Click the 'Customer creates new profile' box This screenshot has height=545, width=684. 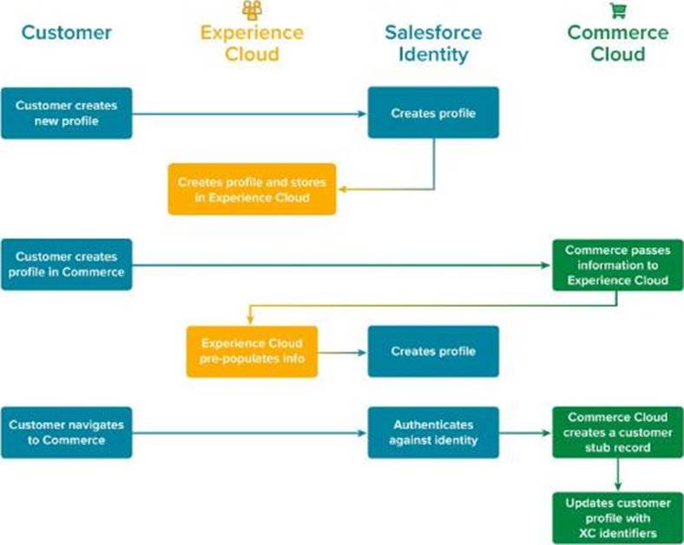[x=67, y=113]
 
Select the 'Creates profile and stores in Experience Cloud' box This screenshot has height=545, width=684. [x=252, y=189]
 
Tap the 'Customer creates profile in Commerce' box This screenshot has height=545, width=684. [x=67, y=264]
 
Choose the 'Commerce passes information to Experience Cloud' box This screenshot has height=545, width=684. [x=617, y=264]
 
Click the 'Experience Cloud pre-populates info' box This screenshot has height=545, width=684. [x=252, y=351]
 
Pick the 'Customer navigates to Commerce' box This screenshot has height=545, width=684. [x=67, y=432]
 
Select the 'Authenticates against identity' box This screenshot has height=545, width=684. [x=433, y=432]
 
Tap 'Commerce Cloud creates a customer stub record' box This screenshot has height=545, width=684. [x=617, y=432]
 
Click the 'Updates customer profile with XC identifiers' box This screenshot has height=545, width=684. [x=617, y=518]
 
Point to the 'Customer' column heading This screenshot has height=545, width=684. [x=67, y=33]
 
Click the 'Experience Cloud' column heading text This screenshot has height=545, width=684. [x=252, y=43]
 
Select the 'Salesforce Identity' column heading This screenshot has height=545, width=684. [x=433, y=43]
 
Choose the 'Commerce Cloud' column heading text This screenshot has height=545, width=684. [x=617, y=43]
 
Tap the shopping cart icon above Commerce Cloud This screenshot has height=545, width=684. [x=618, y=10]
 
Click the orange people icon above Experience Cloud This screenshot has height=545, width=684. [x=252, y=10]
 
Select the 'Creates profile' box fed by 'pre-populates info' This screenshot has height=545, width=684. [x=433, y=351]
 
